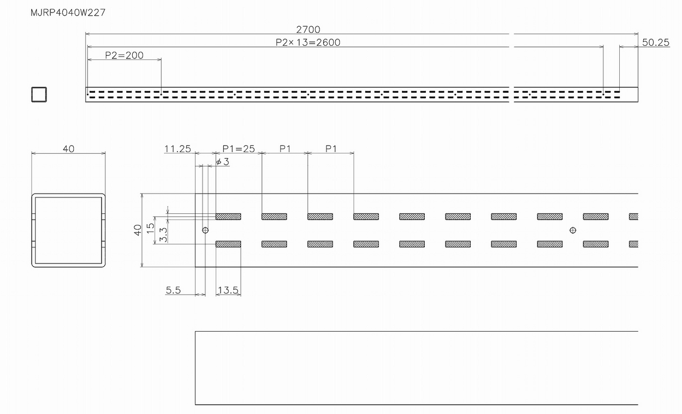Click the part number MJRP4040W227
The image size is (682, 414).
[x=68, y=13]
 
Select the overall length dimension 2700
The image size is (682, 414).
[x=308, y=29]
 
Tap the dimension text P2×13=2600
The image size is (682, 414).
[x=308, y=43]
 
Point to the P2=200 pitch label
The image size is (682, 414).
[x=124, y=55]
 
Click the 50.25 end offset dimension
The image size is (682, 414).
[x=655, y=43]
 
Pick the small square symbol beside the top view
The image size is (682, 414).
[x=39, y=94]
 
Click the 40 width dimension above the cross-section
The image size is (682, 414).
[x=68, y=148]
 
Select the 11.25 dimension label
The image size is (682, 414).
[x=177, y=148]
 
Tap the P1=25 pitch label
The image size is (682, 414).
[x=239, y=148]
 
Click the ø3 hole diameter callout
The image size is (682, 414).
[x=222, y=161]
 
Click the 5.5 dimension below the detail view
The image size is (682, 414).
[x=173, y=290]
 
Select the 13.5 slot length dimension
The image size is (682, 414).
[x=228, y=290]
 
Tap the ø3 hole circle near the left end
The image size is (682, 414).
[x=205, y=230]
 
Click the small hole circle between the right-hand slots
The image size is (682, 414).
[x=572, y=230]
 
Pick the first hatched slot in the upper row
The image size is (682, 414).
[x=228, y=217]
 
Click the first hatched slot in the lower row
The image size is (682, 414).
[x=228, y=244]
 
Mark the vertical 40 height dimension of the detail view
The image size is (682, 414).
[x=138, y=230]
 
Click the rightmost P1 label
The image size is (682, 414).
[x=331, y=148]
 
